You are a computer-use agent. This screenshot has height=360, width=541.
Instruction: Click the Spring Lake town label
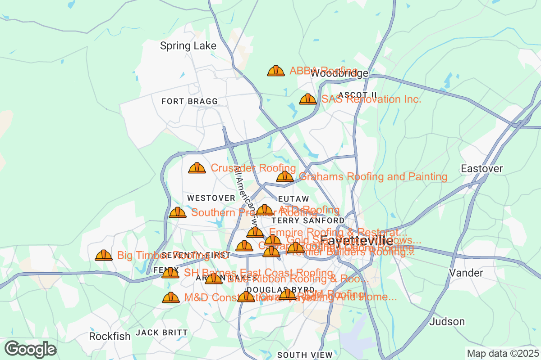coord(188,46)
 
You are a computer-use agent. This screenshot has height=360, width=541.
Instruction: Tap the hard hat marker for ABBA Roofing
coord(276,71)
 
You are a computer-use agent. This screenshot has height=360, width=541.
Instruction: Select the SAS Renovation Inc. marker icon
coord(308,99)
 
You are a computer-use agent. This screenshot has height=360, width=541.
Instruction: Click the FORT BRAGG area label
coord(189,101)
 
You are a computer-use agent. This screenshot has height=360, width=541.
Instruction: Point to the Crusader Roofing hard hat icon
coord(197,168)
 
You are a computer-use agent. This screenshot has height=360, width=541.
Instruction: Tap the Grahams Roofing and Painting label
coord(373,177)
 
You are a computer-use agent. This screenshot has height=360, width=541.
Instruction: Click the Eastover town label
coord(481,169)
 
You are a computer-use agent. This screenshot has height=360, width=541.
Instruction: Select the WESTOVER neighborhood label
coord(211,198)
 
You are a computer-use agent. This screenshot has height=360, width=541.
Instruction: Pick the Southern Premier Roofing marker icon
coord(178,212)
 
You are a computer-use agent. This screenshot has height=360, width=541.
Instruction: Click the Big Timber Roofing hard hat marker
coord(104,256)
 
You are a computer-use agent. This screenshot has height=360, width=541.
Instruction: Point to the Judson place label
coord(447,321)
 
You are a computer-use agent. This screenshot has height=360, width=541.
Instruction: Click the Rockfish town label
coord(110,336)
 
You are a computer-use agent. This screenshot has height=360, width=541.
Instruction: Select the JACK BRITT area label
coord(162,333)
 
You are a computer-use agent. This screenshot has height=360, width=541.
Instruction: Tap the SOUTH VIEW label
coord(305,355)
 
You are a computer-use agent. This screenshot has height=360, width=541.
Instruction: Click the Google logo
coord(31,349)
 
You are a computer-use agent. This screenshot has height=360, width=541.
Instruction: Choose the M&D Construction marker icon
coord(170,297)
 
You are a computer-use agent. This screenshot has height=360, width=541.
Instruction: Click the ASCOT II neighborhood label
coord(357,94)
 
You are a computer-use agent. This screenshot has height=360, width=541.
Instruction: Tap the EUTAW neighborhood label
coord(293,199)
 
